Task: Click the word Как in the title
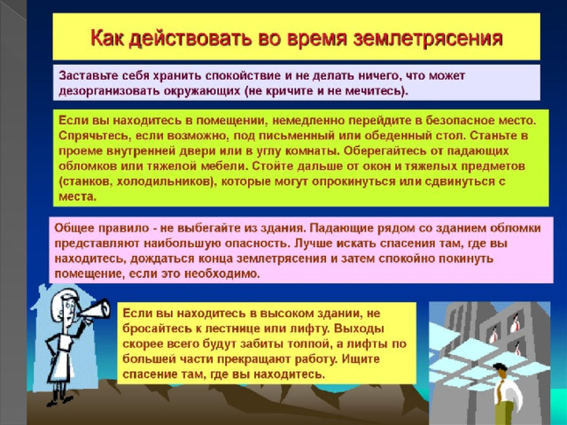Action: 107,37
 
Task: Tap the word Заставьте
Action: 87,76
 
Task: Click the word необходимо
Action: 222,274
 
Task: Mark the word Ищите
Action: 361,359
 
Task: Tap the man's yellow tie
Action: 500,391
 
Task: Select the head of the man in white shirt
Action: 500,371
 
